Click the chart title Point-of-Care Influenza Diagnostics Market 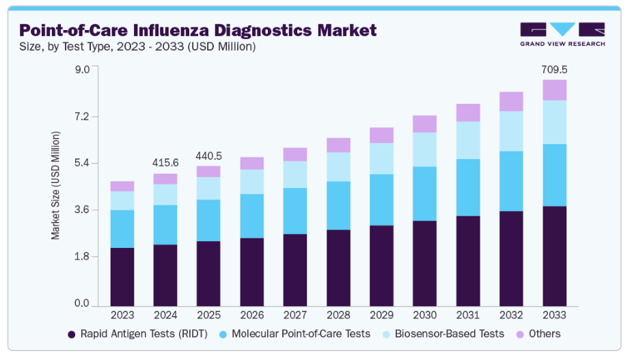point(197,31)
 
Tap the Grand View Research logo point(562,34)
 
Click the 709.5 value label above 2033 point(554,70)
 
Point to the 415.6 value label point(165,163)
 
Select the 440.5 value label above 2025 point(208,156)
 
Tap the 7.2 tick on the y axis point(81,117)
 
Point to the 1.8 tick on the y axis point(81,257)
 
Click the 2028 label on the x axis point(338,315)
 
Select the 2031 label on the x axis point(468,315)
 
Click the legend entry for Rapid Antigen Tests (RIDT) point(139,334)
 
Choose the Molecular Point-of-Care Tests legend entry point(295,334)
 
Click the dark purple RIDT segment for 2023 point(122,277)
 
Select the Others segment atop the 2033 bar point(554,90)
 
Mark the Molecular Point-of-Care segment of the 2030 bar point(424,193)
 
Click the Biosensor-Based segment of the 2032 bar point(511,131)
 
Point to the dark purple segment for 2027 point(295,270)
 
